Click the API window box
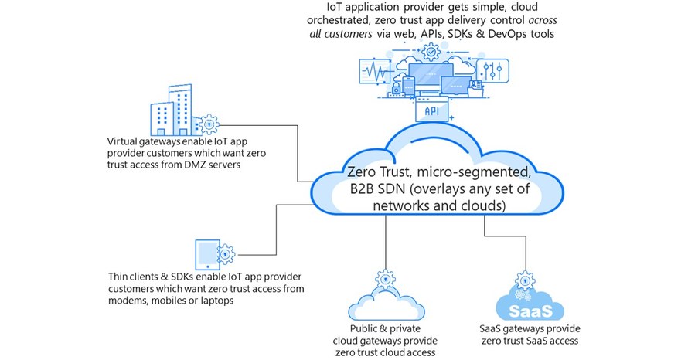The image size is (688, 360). pos(431,110)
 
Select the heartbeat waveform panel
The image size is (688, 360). pos(373,75)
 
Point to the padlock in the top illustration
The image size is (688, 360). pos(397,90)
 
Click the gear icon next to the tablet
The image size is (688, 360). pos(225,252)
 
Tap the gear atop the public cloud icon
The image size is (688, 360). pos(383,277)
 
